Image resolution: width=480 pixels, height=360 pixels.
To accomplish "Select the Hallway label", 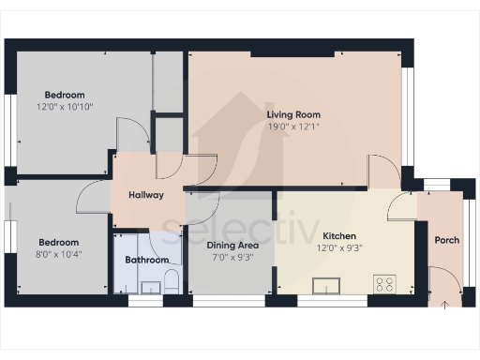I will pyautogui.click(x=145, y=195).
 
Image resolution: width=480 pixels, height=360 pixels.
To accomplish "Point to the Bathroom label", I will pyautogui.click(x=147, y=260).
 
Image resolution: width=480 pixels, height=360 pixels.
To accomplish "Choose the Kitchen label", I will pyautogui.click(x=340, y=235).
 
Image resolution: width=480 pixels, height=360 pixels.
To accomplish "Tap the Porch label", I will pyautogui.click(x=447, y=240).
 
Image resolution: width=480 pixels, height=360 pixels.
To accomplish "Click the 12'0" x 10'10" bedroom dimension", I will pyautogui.click(x=65, y=108).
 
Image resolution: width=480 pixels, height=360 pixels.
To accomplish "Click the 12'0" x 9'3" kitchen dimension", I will pyautogui.click(x=340, y=247).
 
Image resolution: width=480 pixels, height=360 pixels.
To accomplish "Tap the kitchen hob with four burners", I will pyautogui.click(x=384, y=282).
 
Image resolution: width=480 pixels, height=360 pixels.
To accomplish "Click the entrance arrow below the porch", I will pyautogui.click(x=443, y=304).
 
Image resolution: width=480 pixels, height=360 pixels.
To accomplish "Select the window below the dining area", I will pyautogui.click(x=228, y=301).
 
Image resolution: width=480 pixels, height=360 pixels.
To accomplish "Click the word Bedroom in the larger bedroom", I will pyautogui.click(x=65, y=95).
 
